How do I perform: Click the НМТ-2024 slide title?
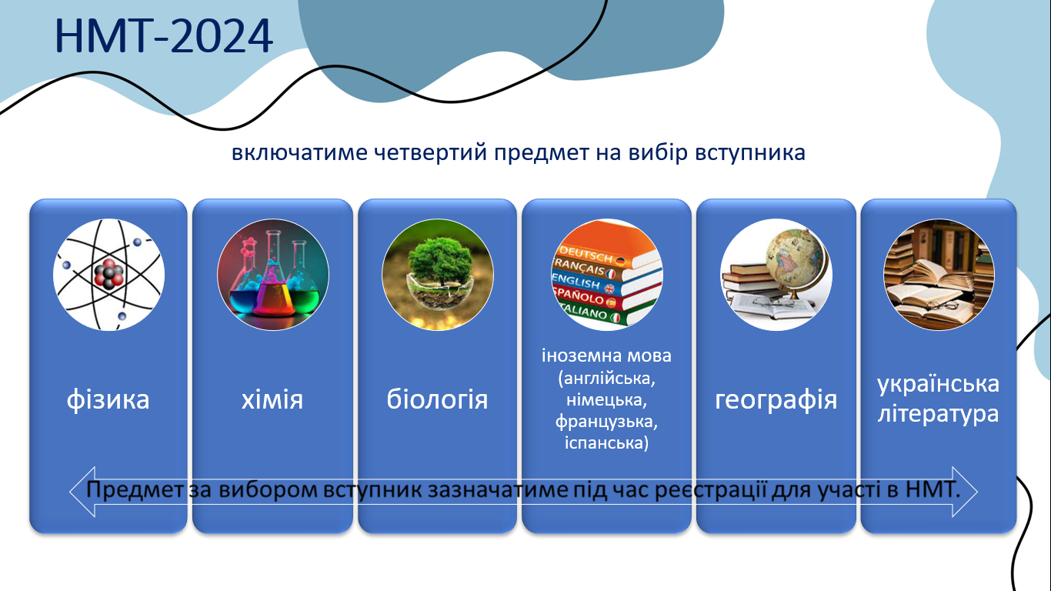(163, 36)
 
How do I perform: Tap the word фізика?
(108, 400)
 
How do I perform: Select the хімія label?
(272, 400)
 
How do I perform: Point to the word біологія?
(437, 399)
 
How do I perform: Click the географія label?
(776, 400)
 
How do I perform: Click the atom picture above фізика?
(108, 275)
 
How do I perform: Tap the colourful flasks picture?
(272, 275)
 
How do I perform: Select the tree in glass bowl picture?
(437, 275)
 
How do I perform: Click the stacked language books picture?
(606, 275)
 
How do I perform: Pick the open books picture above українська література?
(939, 275)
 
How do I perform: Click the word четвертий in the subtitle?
(430, 152)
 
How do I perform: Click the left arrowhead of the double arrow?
(83, 492)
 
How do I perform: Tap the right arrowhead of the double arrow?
(965, 492)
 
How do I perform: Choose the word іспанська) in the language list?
(606, 442)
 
